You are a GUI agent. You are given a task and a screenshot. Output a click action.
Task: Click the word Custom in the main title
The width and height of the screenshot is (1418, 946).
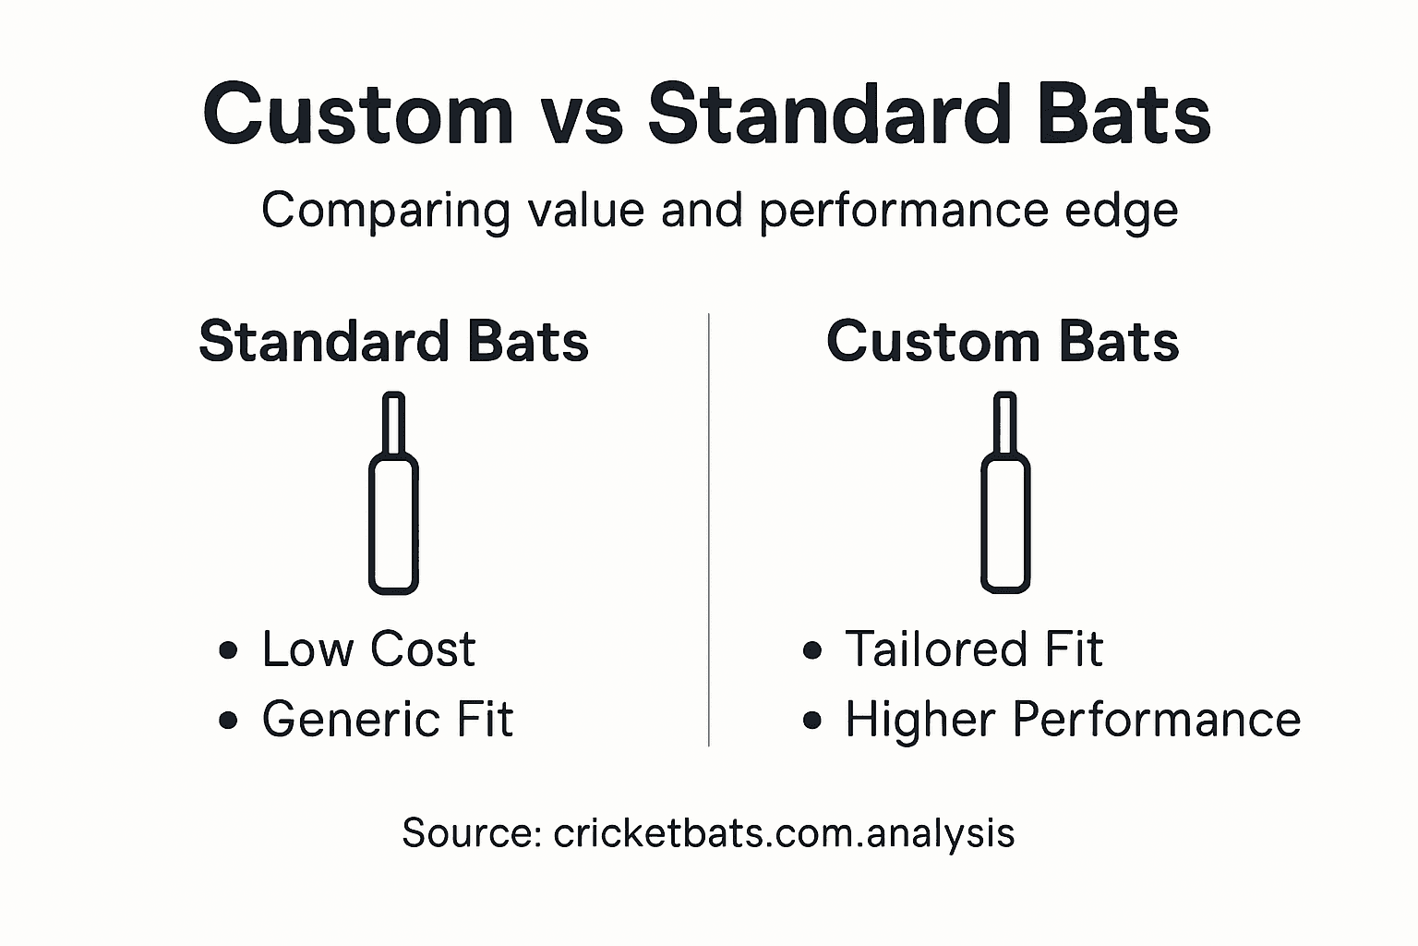click(357, 115)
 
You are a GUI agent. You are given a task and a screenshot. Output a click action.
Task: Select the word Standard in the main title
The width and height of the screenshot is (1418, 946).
click(826, 115)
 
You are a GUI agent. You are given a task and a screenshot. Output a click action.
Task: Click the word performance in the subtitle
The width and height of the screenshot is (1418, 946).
click(904, 211)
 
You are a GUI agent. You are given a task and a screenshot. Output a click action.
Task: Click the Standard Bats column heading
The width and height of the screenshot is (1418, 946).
click(393, 342)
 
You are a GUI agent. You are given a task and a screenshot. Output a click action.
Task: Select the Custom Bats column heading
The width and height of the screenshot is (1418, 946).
click(1003, 342)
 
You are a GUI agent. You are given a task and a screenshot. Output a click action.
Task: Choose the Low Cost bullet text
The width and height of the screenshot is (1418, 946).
click(368, 649)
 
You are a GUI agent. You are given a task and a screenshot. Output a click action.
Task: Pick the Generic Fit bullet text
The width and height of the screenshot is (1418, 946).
click(387, 719)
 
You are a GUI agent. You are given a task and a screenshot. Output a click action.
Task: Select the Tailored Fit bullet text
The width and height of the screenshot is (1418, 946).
click(973, 649)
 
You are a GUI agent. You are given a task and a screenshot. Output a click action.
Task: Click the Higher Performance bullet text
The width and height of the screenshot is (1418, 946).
click(1073, 719)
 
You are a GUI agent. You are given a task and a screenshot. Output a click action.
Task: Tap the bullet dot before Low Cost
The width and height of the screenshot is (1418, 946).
click(228, 650)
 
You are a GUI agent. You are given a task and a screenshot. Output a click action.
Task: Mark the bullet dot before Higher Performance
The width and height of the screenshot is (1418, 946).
click(812, 721)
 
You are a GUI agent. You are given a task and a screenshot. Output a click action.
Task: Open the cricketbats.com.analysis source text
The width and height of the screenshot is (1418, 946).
click(784, 832)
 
